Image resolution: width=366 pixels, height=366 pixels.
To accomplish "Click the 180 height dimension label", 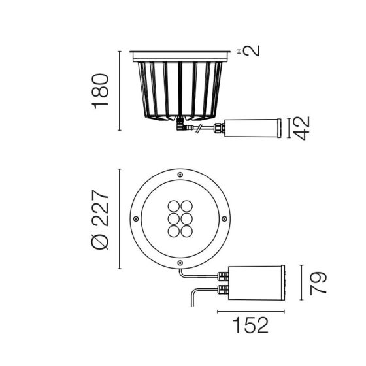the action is click(101, 91).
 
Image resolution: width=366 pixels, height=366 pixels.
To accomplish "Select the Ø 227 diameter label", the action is click(100, 220).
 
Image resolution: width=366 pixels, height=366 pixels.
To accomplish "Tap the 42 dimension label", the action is click(301, 128).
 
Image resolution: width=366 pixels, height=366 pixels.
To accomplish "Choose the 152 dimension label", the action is click(251, 325).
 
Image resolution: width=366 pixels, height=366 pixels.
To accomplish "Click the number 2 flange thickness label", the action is click(252, 51).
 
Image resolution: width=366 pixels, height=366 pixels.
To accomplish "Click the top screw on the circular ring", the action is click(180, 175).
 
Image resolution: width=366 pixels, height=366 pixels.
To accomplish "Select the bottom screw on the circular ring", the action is click(180, 263).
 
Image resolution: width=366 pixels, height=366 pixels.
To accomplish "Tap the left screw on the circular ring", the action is click(136, 219).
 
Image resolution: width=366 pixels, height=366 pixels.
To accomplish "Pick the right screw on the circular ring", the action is click(224, 219).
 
